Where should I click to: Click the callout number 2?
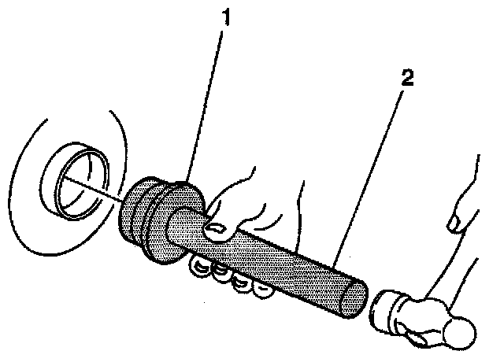[406, 79]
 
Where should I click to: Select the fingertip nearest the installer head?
[199, 271]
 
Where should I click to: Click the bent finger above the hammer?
[461, 212]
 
